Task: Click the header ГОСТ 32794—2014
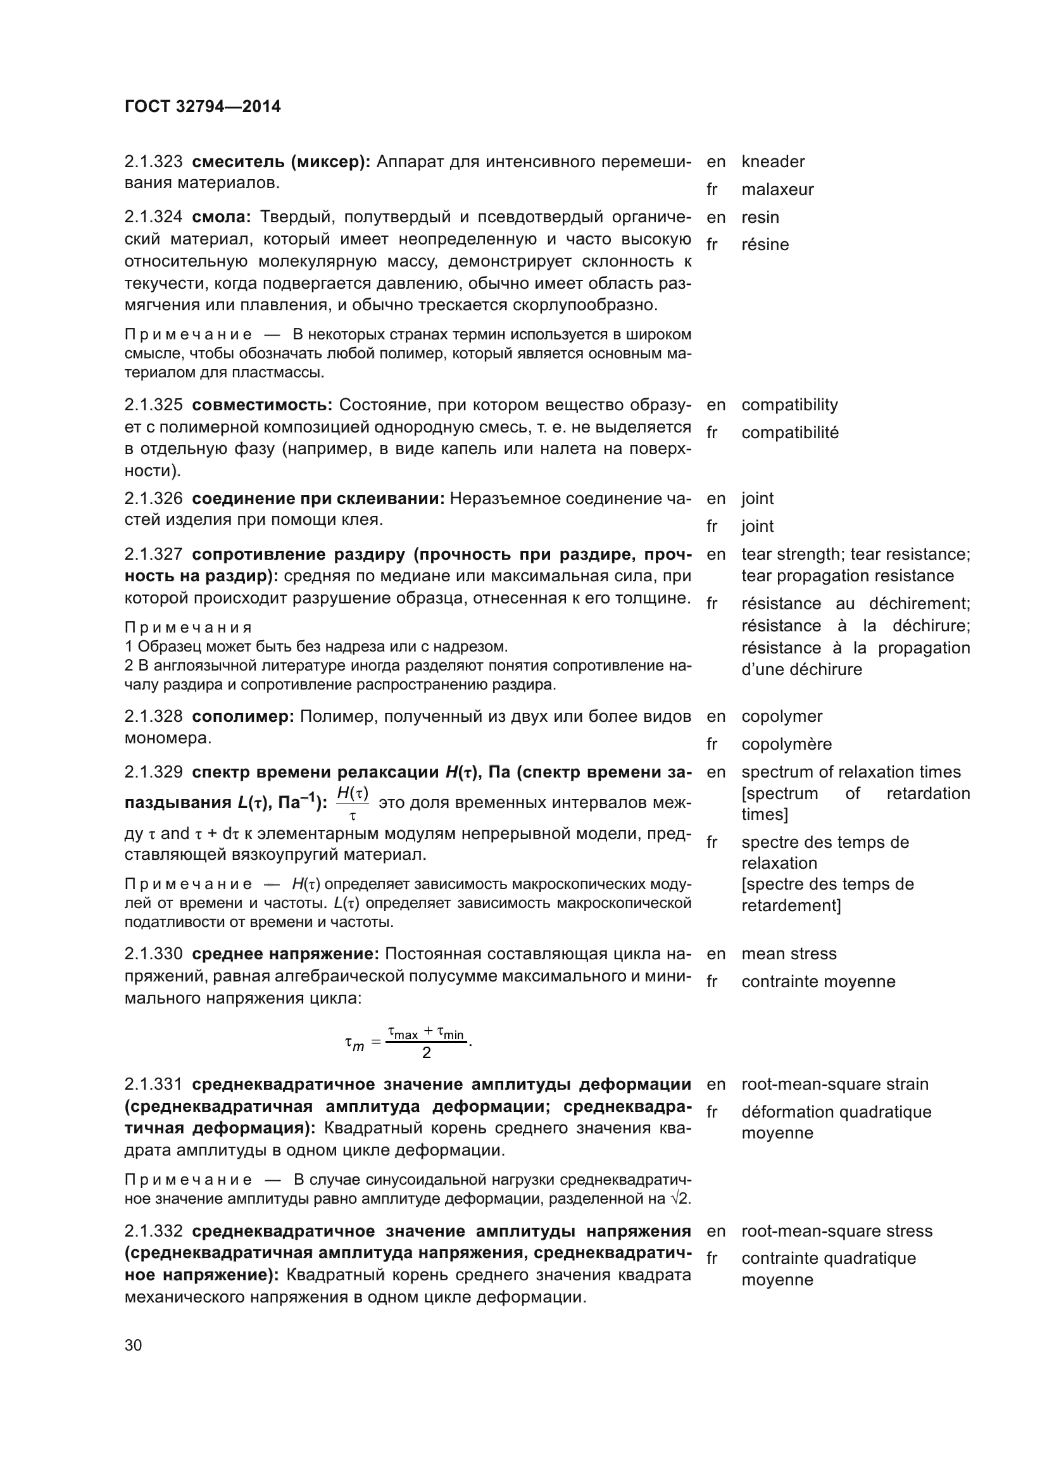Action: (203, 106)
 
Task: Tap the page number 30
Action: (133, 1345)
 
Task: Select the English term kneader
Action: (772, 161)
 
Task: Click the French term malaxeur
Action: (777, 190)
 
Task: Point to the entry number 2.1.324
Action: (153, 217)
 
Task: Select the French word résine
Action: (765, 244)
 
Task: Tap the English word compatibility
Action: (789, 405)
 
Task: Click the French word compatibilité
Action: (789, 432)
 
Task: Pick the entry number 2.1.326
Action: (153, 498)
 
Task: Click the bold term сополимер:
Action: (243, 716)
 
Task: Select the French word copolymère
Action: (786, 744)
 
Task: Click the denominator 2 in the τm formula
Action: (426, 1054)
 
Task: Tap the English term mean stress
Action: (789, 954)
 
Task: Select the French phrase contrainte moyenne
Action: (817, 982)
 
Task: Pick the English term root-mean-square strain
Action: (834, 1083)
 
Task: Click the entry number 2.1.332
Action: (153, 1231)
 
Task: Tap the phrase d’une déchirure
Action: (801, 669)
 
